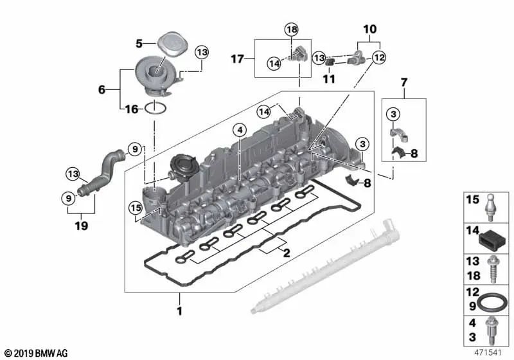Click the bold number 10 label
[x=371, y=29]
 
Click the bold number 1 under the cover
[x=180, y=312]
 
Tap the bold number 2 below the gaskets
[x=287, y=253]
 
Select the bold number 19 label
[x=81, y=226]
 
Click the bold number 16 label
[x=131, y=109]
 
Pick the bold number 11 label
[x=330, y=79]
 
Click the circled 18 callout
[x=292, y=30]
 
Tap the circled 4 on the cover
[x=239, y=130]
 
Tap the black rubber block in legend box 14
[x=490, y=239]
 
